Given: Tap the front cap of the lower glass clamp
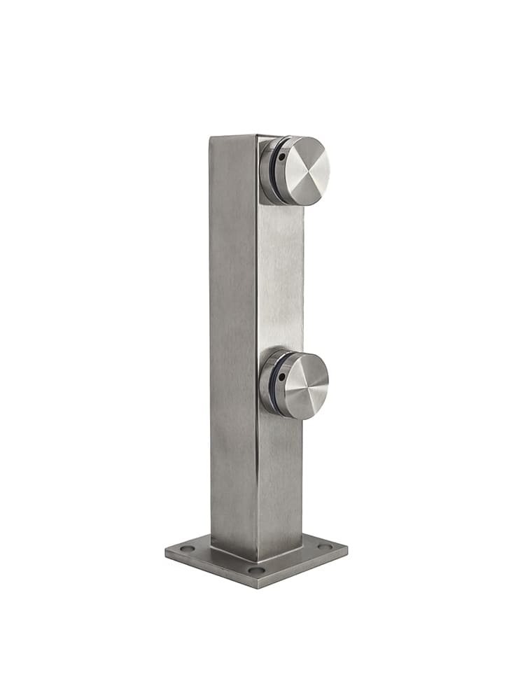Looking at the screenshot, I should [304, 386].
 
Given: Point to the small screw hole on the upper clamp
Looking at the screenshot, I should [281, 157].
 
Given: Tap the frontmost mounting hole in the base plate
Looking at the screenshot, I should [256, 570].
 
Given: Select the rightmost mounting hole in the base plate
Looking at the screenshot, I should [324, 546].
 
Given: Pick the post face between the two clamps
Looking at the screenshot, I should [280, 280].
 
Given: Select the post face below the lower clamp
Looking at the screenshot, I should [280, 483].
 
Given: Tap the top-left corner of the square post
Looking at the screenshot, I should [211, 137].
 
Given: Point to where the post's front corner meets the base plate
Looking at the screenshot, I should [257, 560].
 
